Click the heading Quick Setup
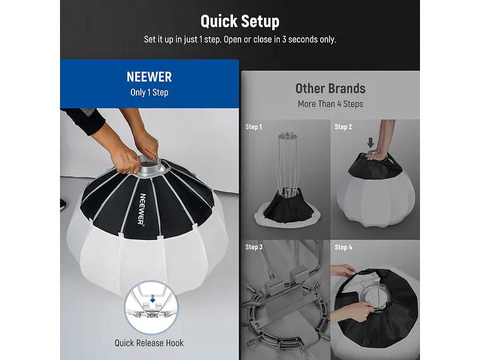pyautogui.click(x=240, y=21)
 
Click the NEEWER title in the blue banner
pyautogui.click(x=149, y=77)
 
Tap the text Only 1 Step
pyautogui.click(x=149, y=92)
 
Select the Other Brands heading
pyautogui.click(x=330, y=88)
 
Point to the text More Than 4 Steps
pyautogui.click(x=330, y=104)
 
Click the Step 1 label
pyautogui.click(x=254, y=127)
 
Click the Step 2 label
pyautogui.click(x=343, y=127)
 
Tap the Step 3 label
pyautogui.click(x=254, y=247)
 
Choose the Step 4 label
pyautogui.click(x=343, y=247)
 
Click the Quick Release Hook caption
pyautogui.click(x=149, y=343)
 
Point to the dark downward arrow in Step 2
pyautogui.click(x=371, y=143)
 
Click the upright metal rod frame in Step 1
pyautogui.click(x=288, y=164)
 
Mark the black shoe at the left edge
pyautogui.click(x=60, y=204)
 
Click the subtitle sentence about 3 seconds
pyautogui.click(x=240, y=39)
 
